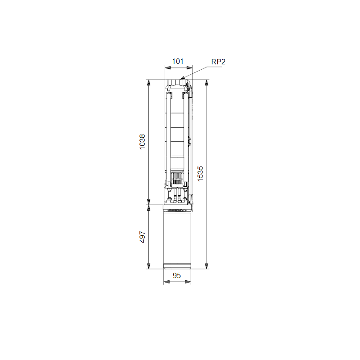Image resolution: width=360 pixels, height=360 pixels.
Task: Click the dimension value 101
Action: (178, 62)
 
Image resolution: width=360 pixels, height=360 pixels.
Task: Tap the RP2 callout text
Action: (218, 62)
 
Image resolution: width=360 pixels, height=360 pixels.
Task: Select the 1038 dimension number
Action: (142, 142)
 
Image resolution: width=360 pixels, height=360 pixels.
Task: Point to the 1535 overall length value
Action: (200, 174)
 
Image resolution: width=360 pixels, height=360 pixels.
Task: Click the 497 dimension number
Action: (142, 237)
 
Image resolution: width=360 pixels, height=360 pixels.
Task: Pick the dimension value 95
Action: (177, 275)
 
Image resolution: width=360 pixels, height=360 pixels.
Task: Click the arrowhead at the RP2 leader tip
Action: (182, 78)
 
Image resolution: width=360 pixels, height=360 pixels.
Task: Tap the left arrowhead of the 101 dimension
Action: (167, 68)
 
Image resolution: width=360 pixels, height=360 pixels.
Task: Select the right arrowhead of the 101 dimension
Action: (189, 68)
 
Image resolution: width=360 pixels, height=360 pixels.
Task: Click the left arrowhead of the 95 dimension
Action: (166, 282)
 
